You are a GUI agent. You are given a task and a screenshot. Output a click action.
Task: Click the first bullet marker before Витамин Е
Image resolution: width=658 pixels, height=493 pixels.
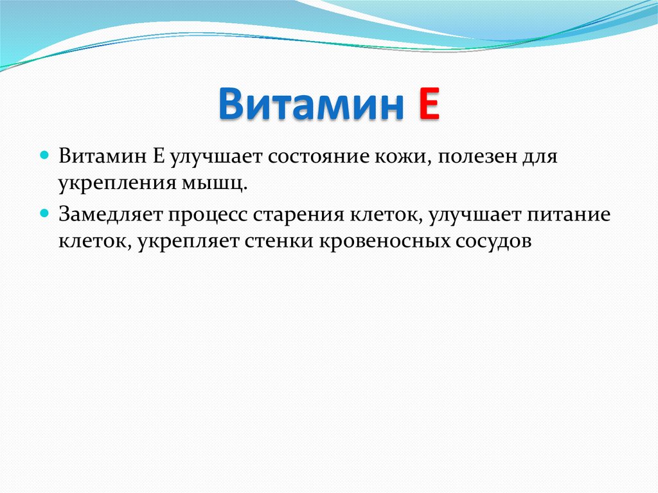(45, 156)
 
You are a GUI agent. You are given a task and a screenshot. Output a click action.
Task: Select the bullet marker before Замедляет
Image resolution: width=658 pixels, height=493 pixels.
(45, 212)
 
